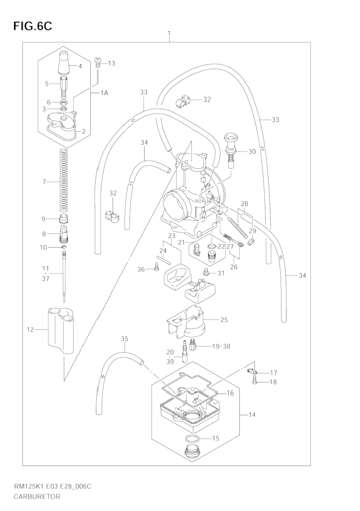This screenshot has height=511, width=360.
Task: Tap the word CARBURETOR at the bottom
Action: [37, 497]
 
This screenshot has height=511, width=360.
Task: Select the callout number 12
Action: [30, 330]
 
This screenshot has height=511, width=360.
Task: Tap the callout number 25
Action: [224, 320]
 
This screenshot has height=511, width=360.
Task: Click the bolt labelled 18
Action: [255, 381]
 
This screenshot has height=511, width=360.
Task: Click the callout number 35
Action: [124, 339]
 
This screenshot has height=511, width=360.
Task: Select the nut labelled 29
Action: [251, 242]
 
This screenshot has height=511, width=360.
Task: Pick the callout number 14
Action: [252, 414]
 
